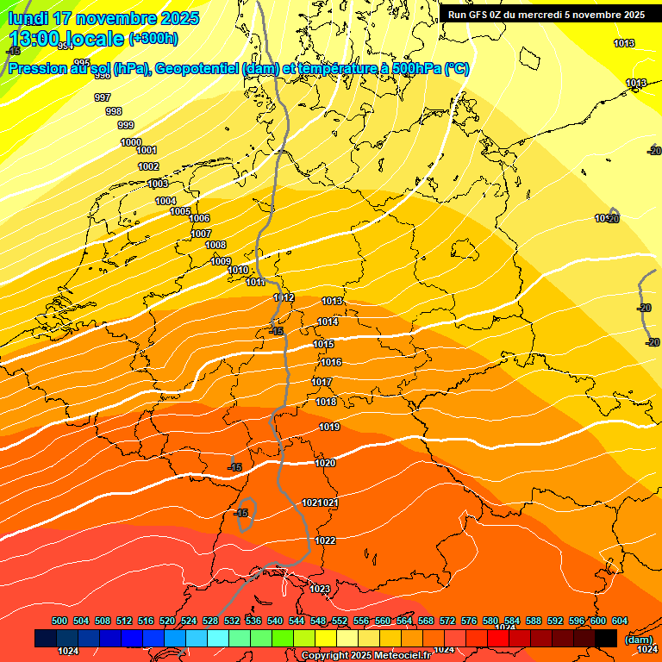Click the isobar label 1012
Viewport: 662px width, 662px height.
point(284,297)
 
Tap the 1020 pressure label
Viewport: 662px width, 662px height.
point(325,463)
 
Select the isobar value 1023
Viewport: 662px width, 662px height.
point(320,589)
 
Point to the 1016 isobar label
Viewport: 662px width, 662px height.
point(331,362)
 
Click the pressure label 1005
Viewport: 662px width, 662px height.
point(180,211)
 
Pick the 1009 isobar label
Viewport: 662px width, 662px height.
point(221,261)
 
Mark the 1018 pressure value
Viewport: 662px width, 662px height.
point(326,402)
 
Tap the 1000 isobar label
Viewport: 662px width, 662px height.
point(131,142)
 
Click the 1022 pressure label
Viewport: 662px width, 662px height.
point(325,540)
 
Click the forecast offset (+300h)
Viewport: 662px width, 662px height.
point(153,39)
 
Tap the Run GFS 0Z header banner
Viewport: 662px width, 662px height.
point(546,15)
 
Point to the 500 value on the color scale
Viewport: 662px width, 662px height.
point(59,621)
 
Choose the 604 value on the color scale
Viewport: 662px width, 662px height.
point(620,621)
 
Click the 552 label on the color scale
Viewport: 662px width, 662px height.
point(340,621)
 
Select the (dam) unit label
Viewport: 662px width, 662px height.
point(639,639)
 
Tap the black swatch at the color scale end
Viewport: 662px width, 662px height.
point(606,638)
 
